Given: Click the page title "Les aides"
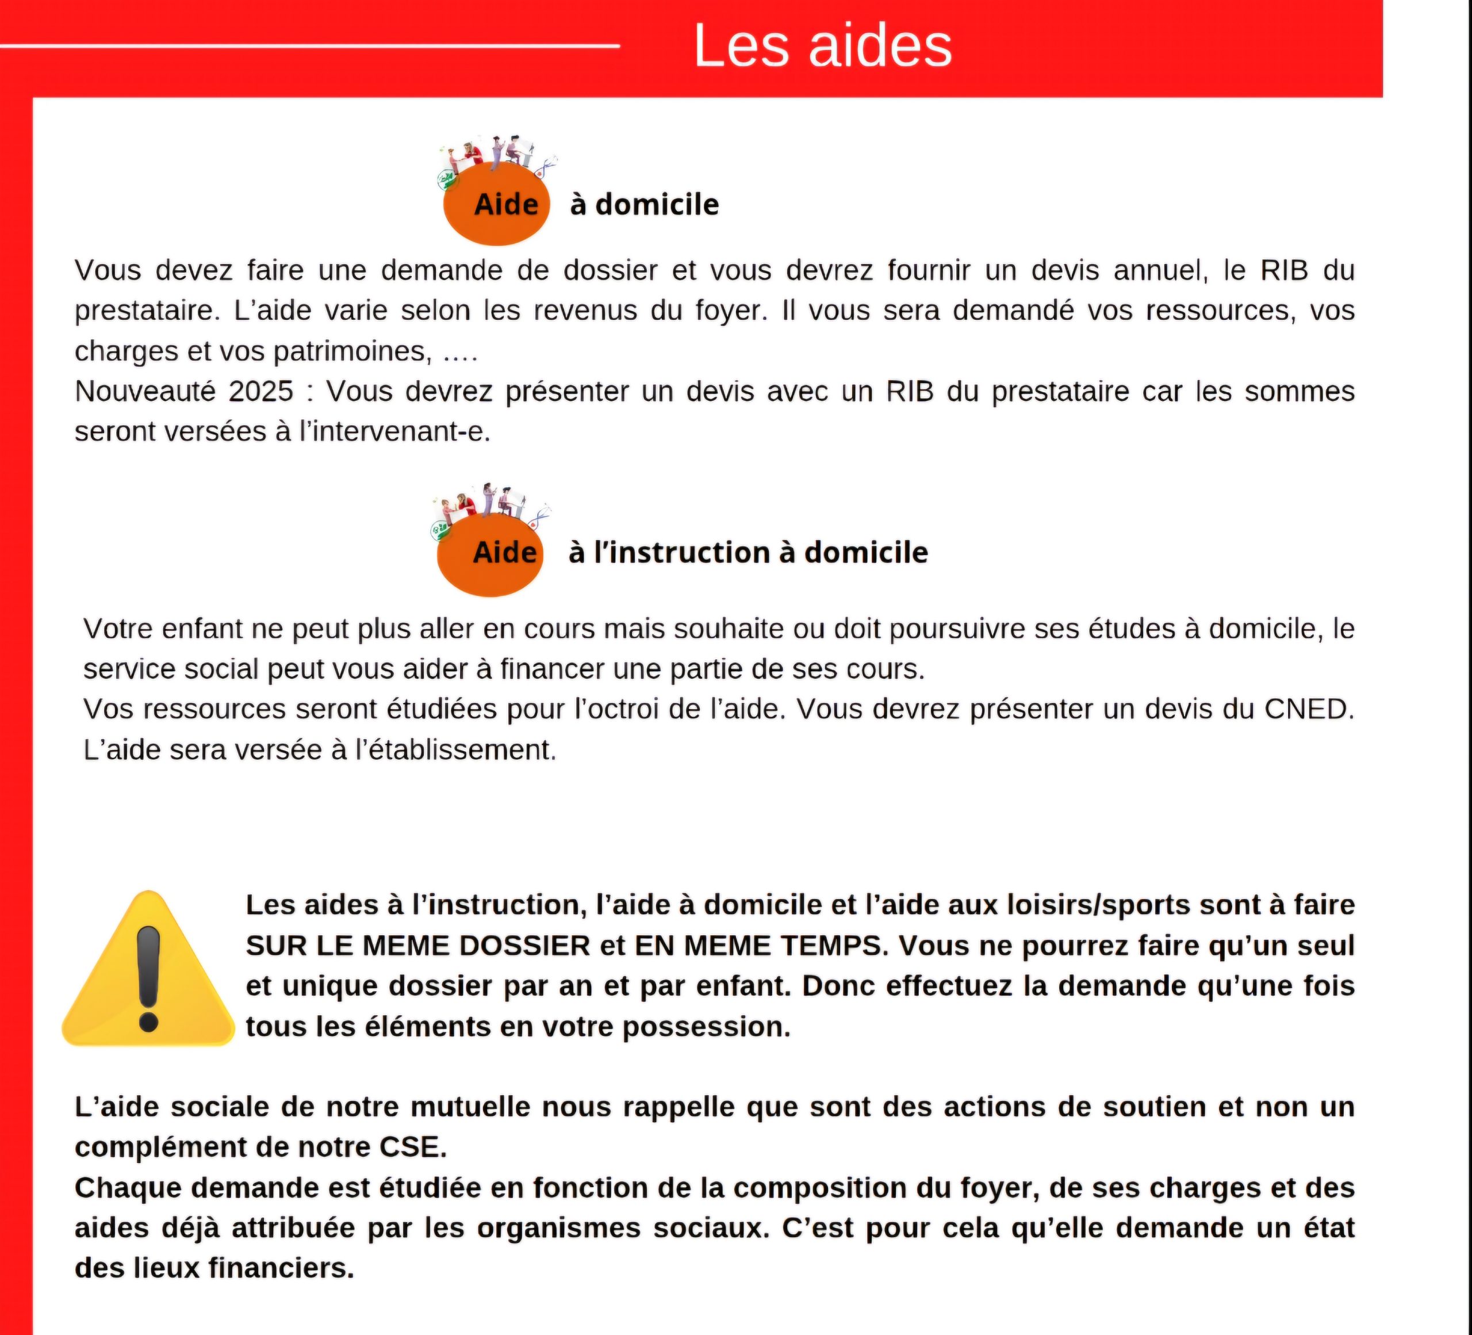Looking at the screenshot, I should coord(822,45).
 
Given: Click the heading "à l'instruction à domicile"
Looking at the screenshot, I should coord(747,553).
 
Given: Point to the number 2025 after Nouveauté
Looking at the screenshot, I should coord(260,392).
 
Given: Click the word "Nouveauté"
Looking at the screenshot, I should coord(144,392).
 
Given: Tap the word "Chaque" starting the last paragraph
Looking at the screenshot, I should coord(128,1188).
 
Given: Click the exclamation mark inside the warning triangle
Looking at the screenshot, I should coord(148,978).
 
